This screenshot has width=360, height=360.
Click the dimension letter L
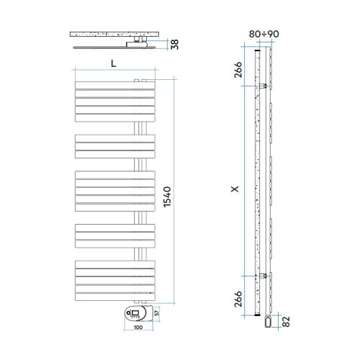tap(113, 63)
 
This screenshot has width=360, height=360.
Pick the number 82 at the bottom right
tap(287, 320)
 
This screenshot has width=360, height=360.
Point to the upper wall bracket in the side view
tap(266, 86)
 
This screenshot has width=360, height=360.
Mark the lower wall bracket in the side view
tap(266, 276)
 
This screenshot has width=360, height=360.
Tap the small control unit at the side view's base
tap(268, 320)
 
